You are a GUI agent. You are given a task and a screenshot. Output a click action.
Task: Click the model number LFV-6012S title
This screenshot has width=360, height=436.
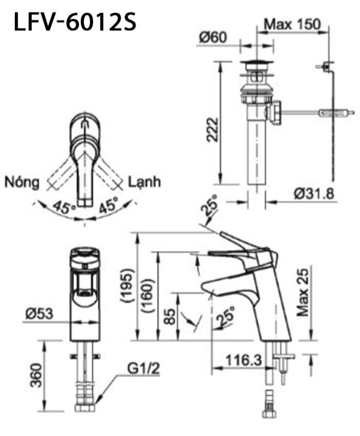[x=76, y=22]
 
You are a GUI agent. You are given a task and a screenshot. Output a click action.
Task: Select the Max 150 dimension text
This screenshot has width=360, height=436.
[x=292, y=24]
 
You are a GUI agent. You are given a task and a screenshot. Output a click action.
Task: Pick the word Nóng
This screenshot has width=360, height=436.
[x=22, y=182]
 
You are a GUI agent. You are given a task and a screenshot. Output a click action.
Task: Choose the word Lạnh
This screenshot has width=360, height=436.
[x=145, y=182]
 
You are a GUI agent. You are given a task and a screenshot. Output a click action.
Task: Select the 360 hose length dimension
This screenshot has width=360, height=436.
[x=35, y=375]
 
